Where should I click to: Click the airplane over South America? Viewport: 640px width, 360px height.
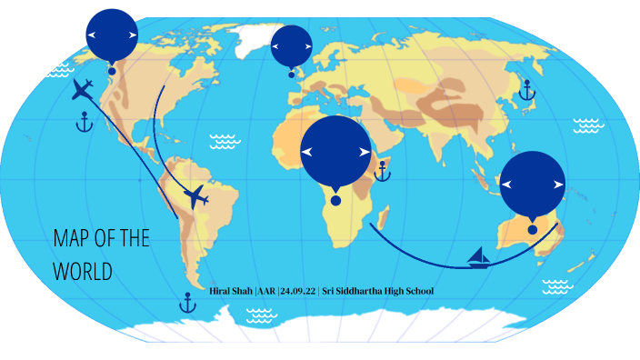(195, 196)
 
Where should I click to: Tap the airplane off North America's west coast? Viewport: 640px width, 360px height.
(83, 90)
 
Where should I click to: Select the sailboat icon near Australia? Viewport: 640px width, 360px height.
(479, 257)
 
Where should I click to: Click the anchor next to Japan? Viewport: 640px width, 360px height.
(525, 89)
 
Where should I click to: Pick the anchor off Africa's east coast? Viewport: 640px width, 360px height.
(383, 171)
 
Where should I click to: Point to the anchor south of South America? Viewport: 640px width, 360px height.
(187, 303)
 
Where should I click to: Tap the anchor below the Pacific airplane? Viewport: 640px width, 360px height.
(85, 122)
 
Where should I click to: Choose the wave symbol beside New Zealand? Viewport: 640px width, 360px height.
(557, 287)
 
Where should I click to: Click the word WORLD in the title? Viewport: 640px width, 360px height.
(82, 272)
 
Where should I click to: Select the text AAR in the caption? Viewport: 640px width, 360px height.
(266, 291)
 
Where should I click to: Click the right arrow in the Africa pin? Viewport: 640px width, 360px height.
(365, 153)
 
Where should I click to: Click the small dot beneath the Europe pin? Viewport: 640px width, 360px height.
(292, 75)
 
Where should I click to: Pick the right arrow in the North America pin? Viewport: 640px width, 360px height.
(133, 35)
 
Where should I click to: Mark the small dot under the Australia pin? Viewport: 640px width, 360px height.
(532, 230)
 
